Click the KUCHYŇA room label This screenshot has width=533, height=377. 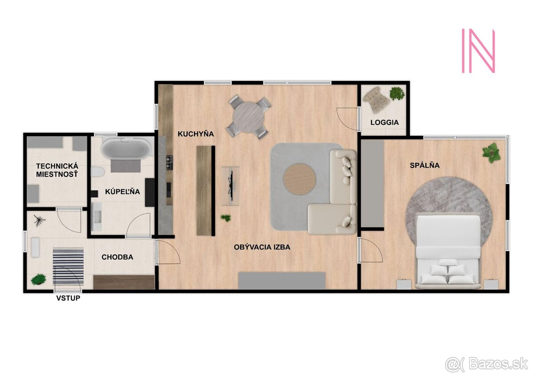(x=196, y=133)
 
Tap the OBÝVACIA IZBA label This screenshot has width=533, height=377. (x=262, y=247)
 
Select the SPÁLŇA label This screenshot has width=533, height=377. (x=425, y=165)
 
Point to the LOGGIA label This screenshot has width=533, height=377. (x=384, y=122)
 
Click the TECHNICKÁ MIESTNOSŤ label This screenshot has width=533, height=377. (x=56, y=170)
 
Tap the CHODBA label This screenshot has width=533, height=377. (x=117, y=257)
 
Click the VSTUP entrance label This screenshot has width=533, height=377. (x=68, y=298)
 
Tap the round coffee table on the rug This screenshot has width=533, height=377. (x=300, y=179)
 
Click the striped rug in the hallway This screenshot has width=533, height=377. (x=68, y=266)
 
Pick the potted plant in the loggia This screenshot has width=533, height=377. (x=397, y=93)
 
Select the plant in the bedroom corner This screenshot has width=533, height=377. (x=492, y=152)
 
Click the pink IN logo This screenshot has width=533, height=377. (x=478, y=51)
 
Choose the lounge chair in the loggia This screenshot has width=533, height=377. (x=376, y=100)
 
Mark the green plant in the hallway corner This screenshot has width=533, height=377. (x=39, y=280)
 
